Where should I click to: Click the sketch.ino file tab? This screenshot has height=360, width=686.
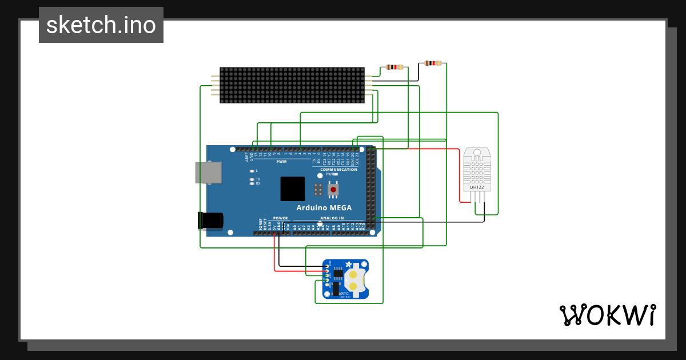pyautogui.click(x=101, y=25)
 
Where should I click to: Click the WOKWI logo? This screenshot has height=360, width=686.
pyautogui.click(x=607, y=315)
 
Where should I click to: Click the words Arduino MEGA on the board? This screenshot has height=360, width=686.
pyautogui.click(x=324, y=207)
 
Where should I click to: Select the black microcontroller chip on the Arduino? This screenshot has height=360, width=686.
pyautogui.click(x=292, y=189)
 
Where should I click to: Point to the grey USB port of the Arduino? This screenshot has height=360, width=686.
pyautogui.click(x=208, y=173)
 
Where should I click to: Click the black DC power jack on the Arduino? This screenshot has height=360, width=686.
pyautogui.click(x=210, y=221)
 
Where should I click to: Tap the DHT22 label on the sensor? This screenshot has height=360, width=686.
pyautogui.click(x=477, y=186)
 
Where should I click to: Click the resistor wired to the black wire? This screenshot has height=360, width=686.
pyautogui.click(x=433, y=63)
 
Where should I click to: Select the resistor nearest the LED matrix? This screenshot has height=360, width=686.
pyautogui.click(x=394, y=67)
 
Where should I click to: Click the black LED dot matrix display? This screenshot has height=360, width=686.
pyautogui.click(x=292, y=85)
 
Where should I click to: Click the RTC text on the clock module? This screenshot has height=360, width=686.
pyautogui.click(x=345, y=293)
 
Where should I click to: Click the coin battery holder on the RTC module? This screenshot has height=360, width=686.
pyautogui.click(x=353, y=279)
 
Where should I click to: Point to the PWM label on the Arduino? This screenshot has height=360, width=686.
pyautogui.click(x=281, y=162)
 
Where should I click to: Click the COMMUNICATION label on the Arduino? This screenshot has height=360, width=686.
pyautogui.click(x=338, y=170)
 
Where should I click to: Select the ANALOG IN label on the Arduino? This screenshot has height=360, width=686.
pyautogui.click(x=332, y=218)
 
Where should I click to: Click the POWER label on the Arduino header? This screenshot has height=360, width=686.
pyautogui.click(x=280, y=218)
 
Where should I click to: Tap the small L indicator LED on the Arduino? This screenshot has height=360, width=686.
pyautogui.click(x=252, y=171)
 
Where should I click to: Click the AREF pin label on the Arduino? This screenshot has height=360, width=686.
pyautogui.click(x=247, y=155)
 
